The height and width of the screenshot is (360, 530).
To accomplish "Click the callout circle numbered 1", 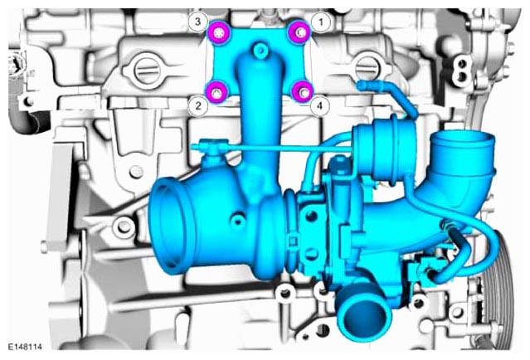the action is click(321, 22).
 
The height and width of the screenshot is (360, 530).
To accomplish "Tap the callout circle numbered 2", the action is click(198, 106).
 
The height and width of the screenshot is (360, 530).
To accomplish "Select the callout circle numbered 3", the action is click(197, 22).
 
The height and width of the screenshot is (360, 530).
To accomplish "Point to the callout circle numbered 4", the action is click(319, 106).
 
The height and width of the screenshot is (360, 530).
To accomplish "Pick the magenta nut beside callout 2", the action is click(217, 92).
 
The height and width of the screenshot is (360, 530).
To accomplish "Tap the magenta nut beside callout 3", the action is click(219, 32).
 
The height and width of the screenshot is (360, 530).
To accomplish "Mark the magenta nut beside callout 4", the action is click(302, 91).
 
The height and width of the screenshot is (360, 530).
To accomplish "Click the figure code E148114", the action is click(25, 347).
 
